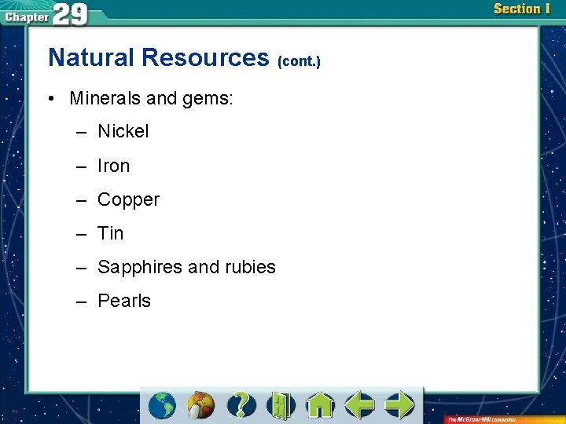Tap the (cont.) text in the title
point(299,60)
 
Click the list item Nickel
point(123,131)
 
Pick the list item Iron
point(113,166)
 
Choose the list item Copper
point(128,199)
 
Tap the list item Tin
point(111,233)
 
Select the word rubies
point(250,267)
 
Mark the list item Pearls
point(124,301)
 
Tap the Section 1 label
point(521,9)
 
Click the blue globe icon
point(162,405)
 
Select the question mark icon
point(241,405)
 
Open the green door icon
point(281,405)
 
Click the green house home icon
point(320,405)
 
